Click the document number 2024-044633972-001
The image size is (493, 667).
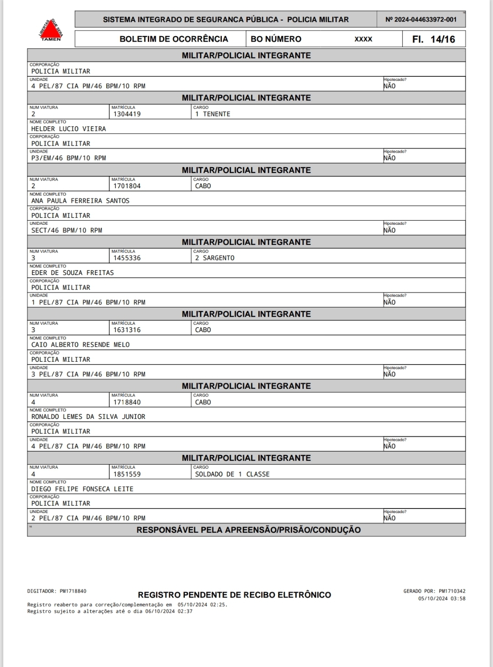[x=421, y=20]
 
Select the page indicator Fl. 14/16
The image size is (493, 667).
[x=433, y=39]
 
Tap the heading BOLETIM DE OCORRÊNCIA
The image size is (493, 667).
[x=173, y=39]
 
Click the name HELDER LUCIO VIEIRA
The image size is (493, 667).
[x=68, y=129]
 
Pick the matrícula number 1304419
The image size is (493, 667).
[x=127, y=114]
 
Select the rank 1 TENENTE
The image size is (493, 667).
[x=213, y=114]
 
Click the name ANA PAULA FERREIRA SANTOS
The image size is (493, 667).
[x=80, y=201]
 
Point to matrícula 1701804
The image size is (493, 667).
[x=127, y=186]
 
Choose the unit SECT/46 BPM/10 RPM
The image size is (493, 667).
[x=67, y=230]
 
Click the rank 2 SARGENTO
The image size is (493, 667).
[x=215, y=258]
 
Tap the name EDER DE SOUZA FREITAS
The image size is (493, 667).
[x=73, y=273]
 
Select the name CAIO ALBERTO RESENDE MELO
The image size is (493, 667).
[x=80, y=345]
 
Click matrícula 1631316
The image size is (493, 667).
[x=127, y=330]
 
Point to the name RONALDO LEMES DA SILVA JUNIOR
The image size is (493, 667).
[x=88, y=417]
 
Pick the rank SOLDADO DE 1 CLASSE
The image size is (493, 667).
[x=232, y=474]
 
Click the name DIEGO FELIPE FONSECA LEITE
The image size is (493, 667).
[x=82, y=489]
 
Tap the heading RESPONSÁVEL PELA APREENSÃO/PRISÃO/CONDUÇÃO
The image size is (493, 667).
[x=248, y=530]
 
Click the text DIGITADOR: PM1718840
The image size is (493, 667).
[x=57, y=591]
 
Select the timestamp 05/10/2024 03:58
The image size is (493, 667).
[x=441, y=598]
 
